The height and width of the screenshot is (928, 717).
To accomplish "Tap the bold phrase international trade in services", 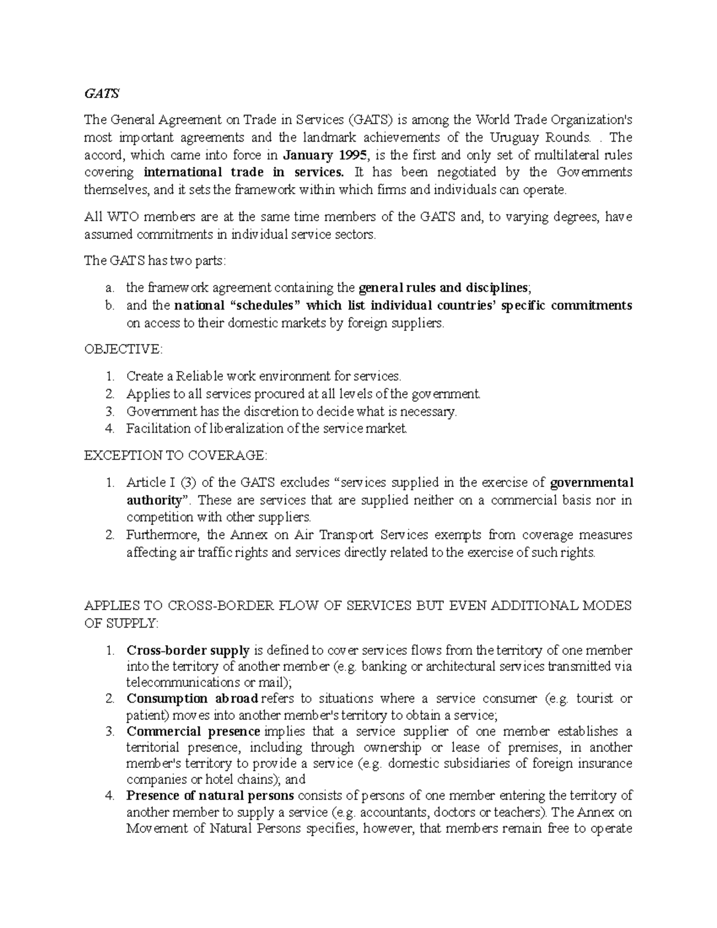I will pyautogui.click(x=244, y=173).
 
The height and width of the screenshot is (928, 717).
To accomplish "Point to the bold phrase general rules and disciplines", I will pyautogui.click(x=443, y=287).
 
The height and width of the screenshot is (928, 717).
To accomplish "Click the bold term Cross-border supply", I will pyautogui.click(x=188, y=650).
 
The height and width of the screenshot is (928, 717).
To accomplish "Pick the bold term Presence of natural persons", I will pyautogui.click(x=210, y=796).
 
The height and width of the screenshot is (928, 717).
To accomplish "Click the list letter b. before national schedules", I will pyautogui.click(x=109, y=306).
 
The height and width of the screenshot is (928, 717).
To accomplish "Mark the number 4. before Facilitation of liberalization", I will pyautogui.click(x=109, y=428).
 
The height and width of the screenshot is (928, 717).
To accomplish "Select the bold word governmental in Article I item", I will pyautogui.click(x=592, y=482).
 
